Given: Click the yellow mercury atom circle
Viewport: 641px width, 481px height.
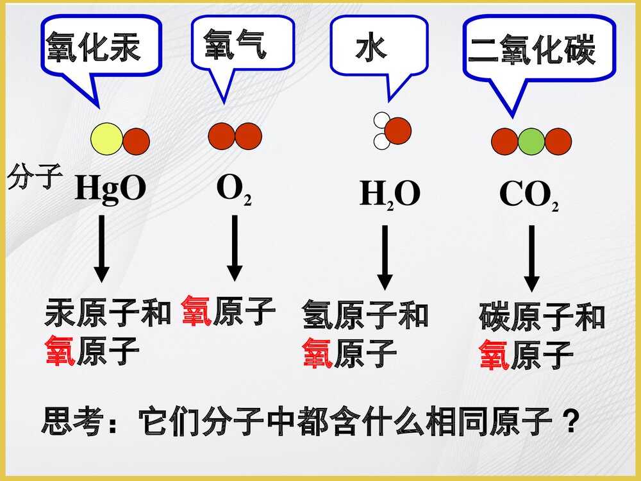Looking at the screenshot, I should pos(106,140).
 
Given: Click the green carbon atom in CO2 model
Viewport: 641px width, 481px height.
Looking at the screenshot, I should pos(531,141).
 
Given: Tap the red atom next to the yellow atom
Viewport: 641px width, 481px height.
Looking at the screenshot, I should pos(136,142).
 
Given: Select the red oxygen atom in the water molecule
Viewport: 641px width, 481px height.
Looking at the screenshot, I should pos(397,131).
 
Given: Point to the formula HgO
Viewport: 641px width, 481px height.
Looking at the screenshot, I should pos(111,189).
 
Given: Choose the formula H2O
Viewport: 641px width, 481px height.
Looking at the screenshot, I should pos(389,194).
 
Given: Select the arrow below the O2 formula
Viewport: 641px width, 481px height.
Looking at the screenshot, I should pos(235,248).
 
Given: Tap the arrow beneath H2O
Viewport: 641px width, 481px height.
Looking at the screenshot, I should pos(385,257).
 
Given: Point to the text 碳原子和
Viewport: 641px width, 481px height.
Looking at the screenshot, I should pos(542,318).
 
